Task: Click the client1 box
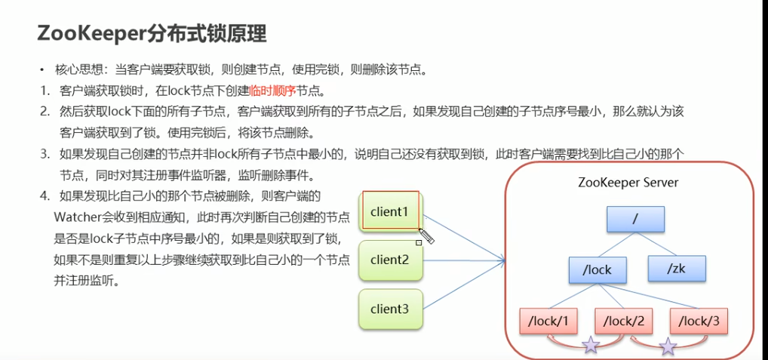(x=389, y=211)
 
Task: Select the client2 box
(x=389, y=260)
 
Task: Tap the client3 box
(x=389, y=309)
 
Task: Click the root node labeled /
(x=635, y=219)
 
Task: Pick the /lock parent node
(x=596, y=269)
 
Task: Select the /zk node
(x=677, y=269)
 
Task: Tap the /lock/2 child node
(x=623, y=322)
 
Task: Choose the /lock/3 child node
(x=699, y=322)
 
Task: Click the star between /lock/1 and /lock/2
(x=590, y=346)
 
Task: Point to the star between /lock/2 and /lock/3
(x=668, y=346)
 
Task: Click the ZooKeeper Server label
(x=628, y=183)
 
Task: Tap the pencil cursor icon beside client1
(x=426, y=236)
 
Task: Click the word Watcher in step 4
(x=74, y=218)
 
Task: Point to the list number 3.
(x=45, y=154)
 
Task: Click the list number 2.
(x=45, y=112)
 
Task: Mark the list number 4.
(x=45, y=197)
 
